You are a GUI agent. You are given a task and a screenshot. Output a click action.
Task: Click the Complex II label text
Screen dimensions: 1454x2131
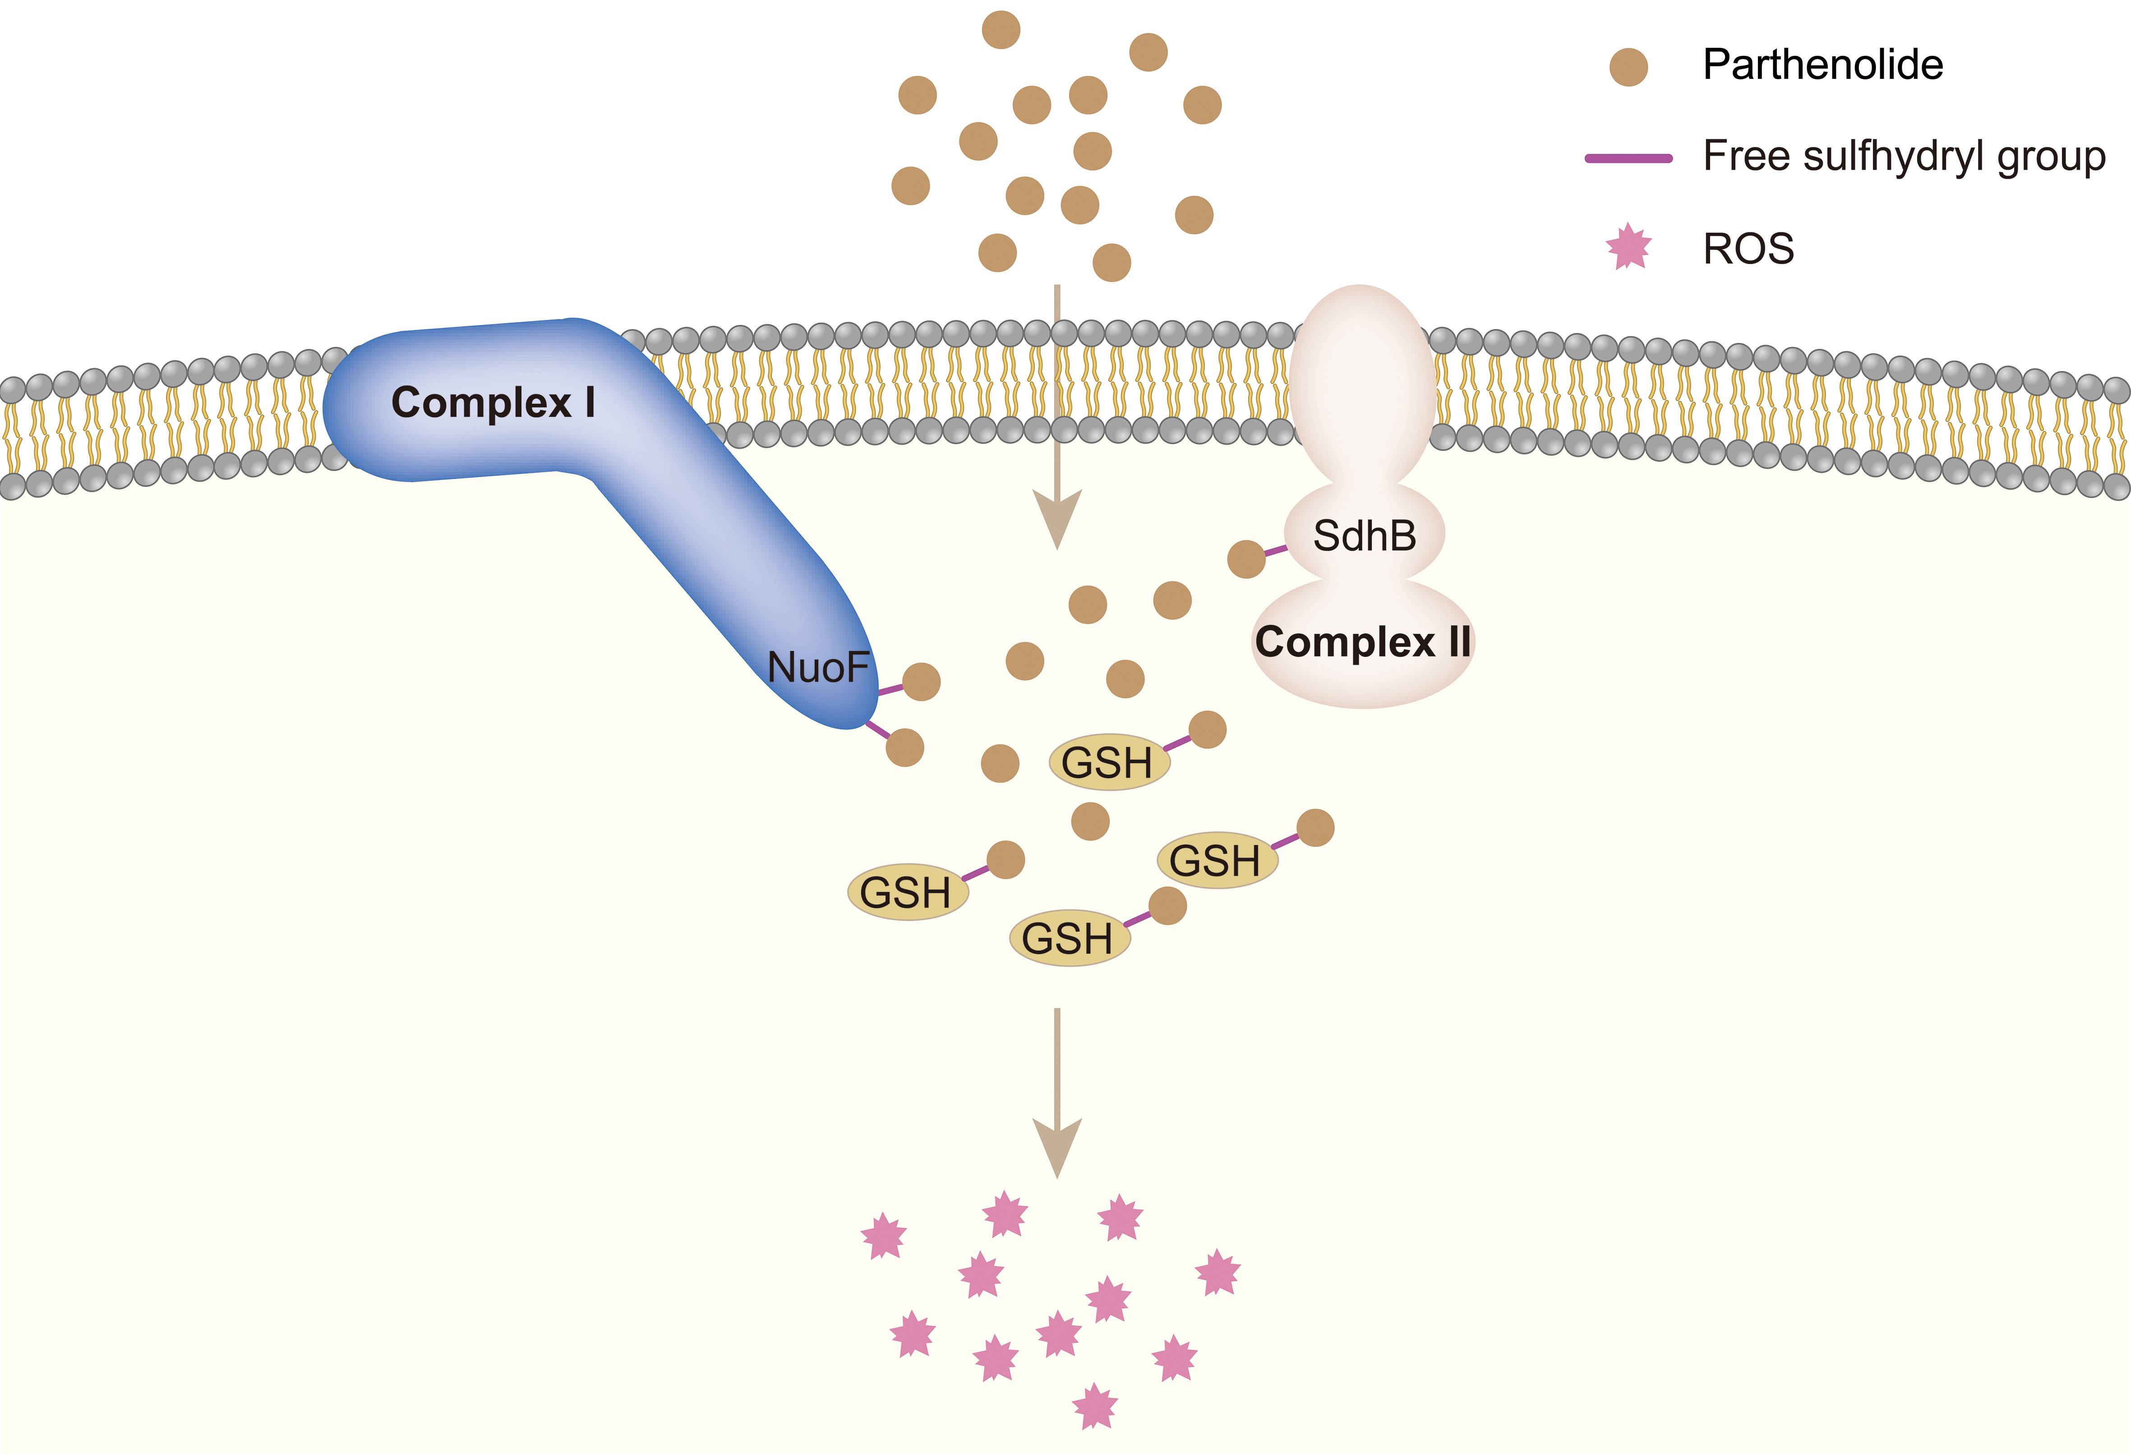click(1363, 642)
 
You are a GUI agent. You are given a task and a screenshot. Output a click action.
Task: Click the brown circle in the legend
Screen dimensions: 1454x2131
click(1628, 67)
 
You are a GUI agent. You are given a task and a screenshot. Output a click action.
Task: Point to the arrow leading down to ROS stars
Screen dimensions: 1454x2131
click(1057, 1091)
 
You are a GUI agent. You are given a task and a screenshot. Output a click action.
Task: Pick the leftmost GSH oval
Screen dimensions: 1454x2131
click(907, 892)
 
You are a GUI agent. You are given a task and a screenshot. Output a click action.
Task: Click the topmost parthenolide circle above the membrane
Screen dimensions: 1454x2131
click(1001, 29)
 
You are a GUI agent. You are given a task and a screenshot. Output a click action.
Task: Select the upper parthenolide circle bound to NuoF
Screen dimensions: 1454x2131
click(922, 681)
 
